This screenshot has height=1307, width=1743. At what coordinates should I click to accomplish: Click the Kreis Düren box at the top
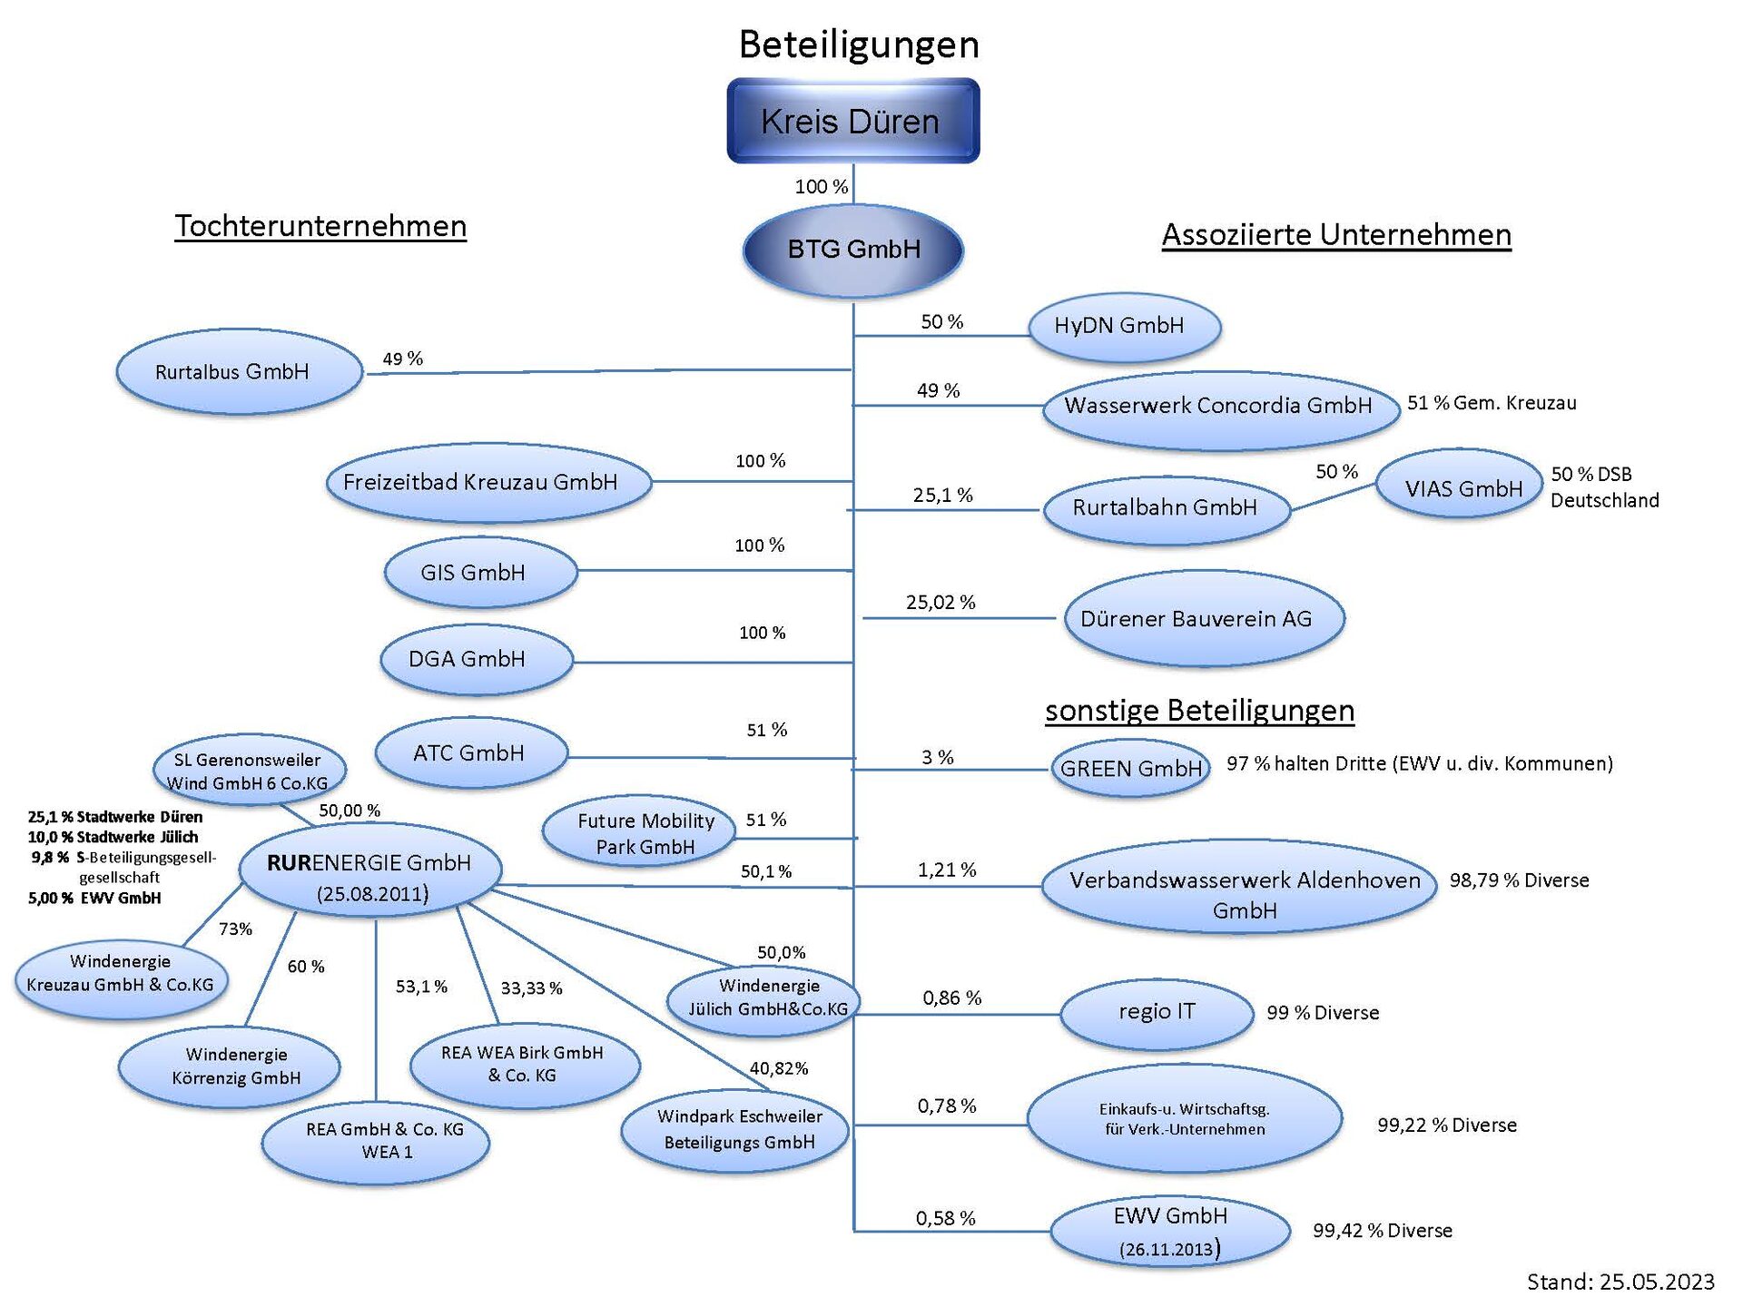tap(852, 121)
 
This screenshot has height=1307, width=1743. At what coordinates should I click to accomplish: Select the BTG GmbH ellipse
tap(852, 250)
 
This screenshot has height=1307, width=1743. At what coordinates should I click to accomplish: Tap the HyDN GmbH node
tap(1124, 327)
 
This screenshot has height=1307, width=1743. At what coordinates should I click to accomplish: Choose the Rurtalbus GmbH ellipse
tap(239, 372)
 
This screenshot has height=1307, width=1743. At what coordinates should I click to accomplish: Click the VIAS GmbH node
tap(1459, 488)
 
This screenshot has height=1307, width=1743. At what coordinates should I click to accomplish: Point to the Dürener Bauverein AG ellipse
tap(1203, 619)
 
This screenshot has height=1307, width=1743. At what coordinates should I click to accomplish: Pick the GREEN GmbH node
tap(1130, 769)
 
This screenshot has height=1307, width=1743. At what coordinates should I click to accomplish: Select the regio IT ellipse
tap(1157, 1013)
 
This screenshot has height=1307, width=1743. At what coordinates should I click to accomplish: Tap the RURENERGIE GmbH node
tap(370, 871)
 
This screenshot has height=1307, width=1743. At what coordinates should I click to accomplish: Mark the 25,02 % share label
tap(940, 603)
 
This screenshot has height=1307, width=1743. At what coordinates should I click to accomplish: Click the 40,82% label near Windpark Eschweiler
tap(778, 1068)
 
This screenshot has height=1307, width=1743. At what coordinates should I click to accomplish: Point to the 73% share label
tap(235, 929)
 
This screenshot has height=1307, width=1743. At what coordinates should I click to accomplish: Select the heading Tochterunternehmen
tap(320, 226)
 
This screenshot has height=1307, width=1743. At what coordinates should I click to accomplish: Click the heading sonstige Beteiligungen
tap(1199, 711)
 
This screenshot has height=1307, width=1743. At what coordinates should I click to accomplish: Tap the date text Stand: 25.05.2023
tap(1620, 1282)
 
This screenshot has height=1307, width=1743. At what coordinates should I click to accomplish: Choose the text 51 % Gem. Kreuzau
tap(1492, 403)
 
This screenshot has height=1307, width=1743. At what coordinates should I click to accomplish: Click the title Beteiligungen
tap(858, 44)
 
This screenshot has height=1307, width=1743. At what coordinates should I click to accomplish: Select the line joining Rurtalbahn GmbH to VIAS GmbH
tap(1333, 497)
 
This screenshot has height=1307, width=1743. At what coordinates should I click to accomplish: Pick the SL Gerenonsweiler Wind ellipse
tap(249, 771)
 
